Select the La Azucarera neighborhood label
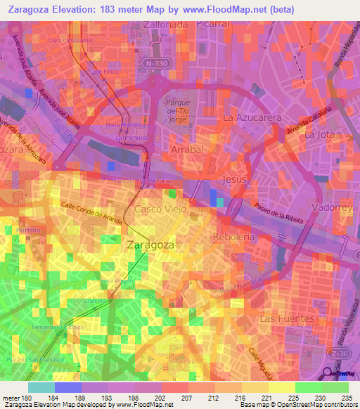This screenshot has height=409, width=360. (x=252, y=117)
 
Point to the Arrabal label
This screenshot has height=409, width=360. (x=187, y=150)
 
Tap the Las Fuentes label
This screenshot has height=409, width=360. (x=286, y=318)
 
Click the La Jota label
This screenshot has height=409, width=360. (x=319, y=134)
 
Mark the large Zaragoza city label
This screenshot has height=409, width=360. (x=151, y=245)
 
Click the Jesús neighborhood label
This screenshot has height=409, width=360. (x=235, y=180)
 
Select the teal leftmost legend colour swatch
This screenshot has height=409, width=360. (x=41, y=387)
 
